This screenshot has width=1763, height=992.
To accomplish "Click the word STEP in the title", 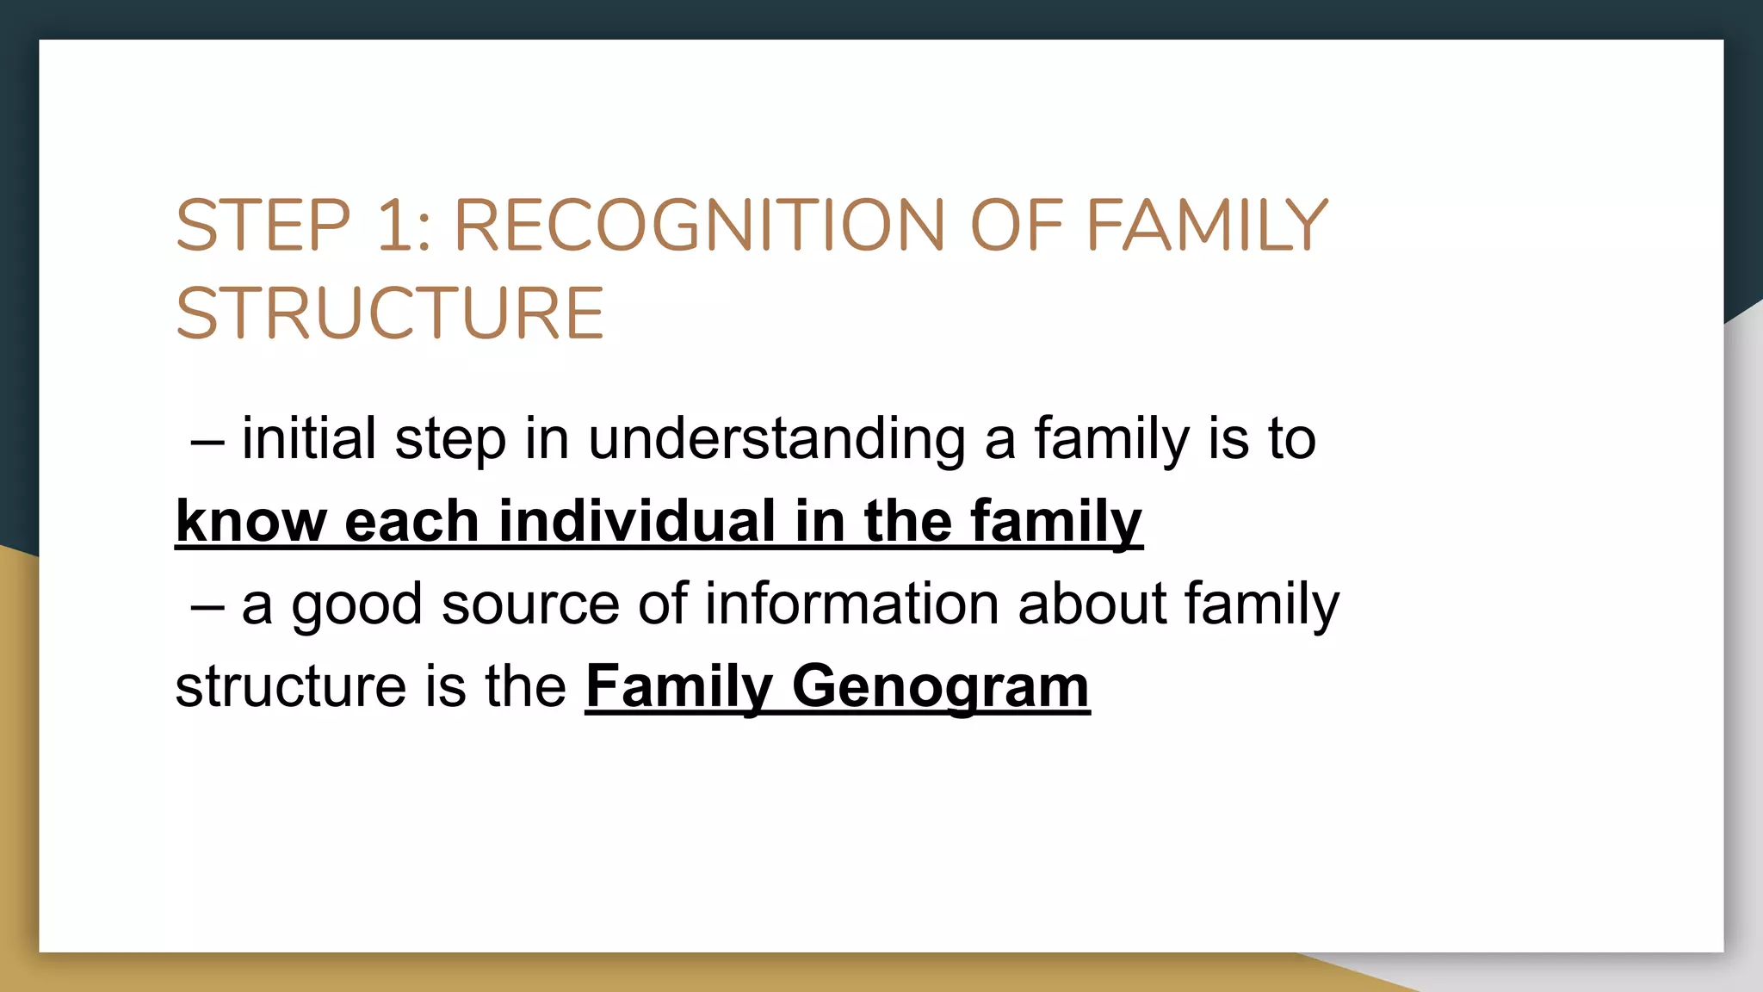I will point(263,226).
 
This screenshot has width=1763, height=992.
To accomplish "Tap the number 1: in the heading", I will point(404,226).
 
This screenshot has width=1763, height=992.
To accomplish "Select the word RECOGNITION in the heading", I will point(699,226).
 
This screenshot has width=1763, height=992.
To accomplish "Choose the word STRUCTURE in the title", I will point(390,313).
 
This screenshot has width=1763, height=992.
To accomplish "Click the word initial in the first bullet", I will point(308,439).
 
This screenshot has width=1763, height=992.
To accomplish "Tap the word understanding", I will point(776,439).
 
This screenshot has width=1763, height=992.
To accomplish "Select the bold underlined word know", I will point(251,522).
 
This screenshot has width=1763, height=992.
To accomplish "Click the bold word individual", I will point(637,522).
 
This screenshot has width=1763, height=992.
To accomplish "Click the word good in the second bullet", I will point(356,604).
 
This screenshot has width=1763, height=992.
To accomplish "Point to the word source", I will point(530,604).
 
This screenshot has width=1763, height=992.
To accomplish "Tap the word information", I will point(851,604).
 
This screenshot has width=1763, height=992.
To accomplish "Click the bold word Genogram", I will point(940,687).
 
